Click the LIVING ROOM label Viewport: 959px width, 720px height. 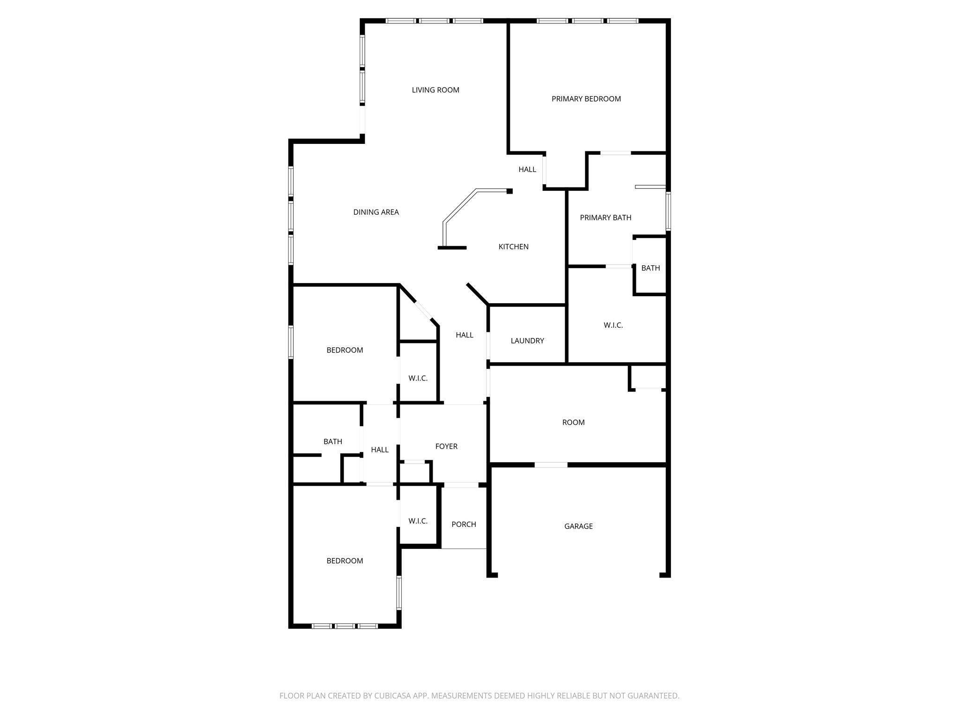click(x=435, y=90)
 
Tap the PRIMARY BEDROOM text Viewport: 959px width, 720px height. click(x=586, y=99)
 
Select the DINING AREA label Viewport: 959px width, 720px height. click(x=376, y=212)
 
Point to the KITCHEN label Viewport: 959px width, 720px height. click(x=513, y=247)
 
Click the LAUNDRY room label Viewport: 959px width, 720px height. click(x=527, y=341)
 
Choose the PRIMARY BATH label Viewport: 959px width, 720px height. click(x=605, y=217)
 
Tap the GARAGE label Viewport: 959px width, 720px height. click(x=578, y=526)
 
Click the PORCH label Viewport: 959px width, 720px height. click(x=464, y=525)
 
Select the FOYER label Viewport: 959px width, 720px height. click(x=446, y=446)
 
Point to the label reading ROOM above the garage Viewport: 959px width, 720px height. click(x=573, y=422)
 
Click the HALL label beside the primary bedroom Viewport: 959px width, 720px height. click(x=527, y=170)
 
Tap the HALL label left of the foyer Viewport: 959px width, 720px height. click(x=380, y=450)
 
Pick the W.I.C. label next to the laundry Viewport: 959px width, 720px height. click(x=613, y=325)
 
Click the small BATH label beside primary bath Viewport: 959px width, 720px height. click(x=650, y=268)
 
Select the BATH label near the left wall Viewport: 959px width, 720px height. click(x=333, y=442)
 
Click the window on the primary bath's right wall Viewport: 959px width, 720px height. click(x=668, y=211)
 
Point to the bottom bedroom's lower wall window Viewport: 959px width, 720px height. click(x=345, y=626)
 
